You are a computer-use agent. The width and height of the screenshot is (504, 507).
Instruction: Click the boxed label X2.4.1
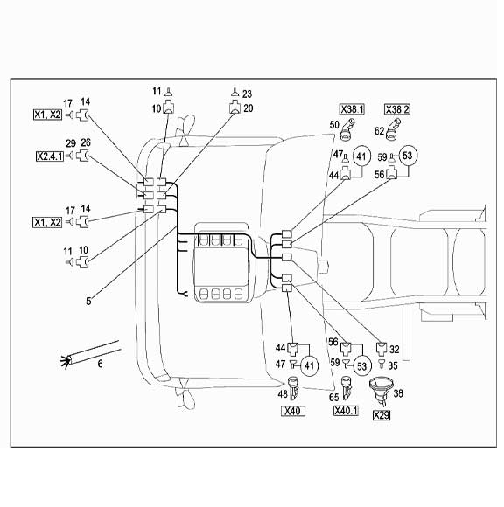click(x=50, y=156)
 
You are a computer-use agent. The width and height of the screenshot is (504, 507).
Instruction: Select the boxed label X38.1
click(x=352, y=109)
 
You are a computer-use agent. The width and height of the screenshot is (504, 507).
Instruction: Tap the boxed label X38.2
click(x=397, y=109)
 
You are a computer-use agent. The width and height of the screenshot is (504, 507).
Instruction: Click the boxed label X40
click(x=293, y=411)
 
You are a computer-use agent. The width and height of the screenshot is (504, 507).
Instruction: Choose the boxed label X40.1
click(x=346, y=411)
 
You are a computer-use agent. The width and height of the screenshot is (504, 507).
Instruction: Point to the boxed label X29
click(x=381, y=415)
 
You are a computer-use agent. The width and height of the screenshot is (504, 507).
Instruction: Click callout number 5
click(x=88, y=302)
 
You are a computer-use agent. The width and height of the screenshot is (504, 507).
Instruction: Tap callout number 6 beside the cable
click(x=100, y=364)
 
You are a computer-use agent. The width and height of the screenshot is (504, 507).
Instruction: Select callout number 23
click(x=247, y=94)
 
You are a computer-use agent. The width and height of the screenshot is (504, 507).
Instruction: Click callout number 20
click(x=248, y=108)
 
